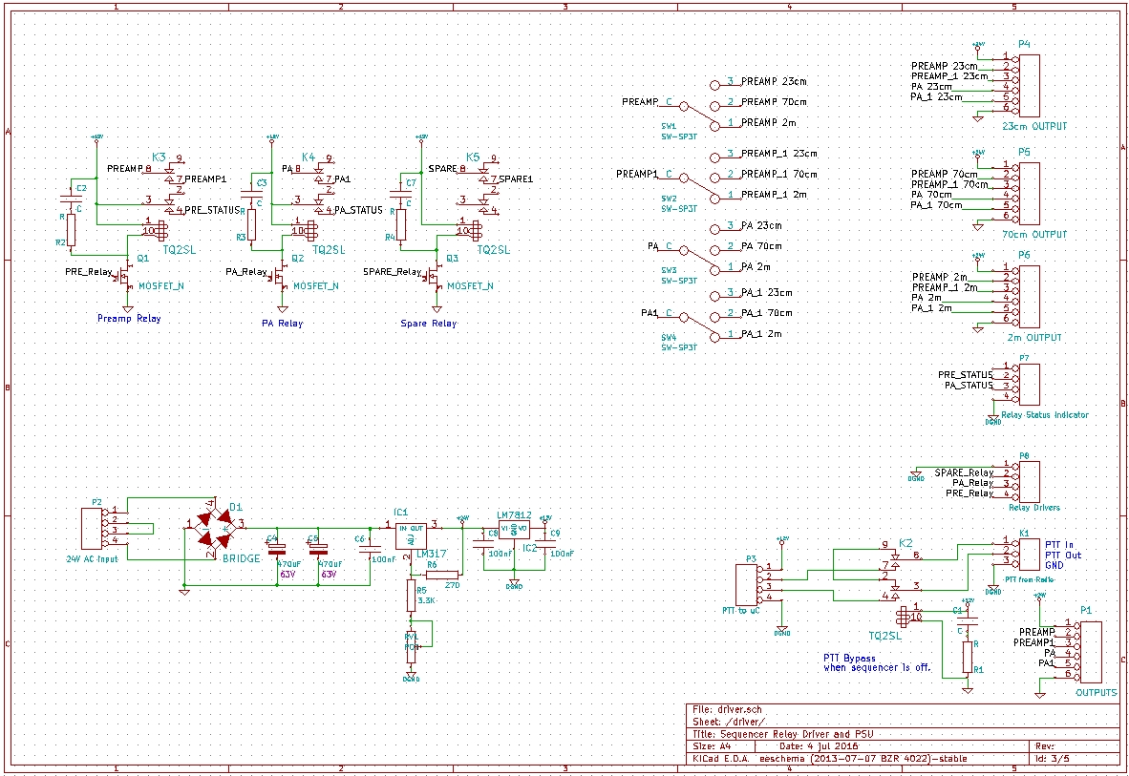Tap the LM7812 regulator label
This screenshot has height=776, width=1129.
(x=514, y=515)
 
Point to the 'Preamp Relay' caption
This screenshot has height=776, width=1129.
(x=129, y=318)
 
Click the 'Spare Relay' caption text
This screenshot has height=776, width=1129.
(x=429, y=324)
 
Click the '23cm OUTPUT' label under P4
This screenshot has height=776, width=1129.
(x=1034, y=126)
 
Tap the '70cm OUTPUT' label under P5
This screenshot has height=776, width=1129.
(x=1034, y=234)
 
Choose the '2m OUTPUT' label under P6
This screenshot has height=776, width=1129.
(x=1034, y=338)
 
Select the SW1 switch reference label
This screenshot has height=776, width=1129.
(x=669, y=126)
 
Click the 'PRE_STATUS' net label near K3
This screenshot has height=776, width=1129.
(x=210, y=210)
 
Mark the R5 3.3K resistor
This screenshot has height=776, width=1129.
(x=411, y=597)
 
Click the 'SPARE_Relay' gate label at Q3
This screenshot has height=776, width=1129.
(x=393, y=272)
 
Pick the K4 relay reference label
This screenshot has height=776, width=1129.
(x=308, y=157)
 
